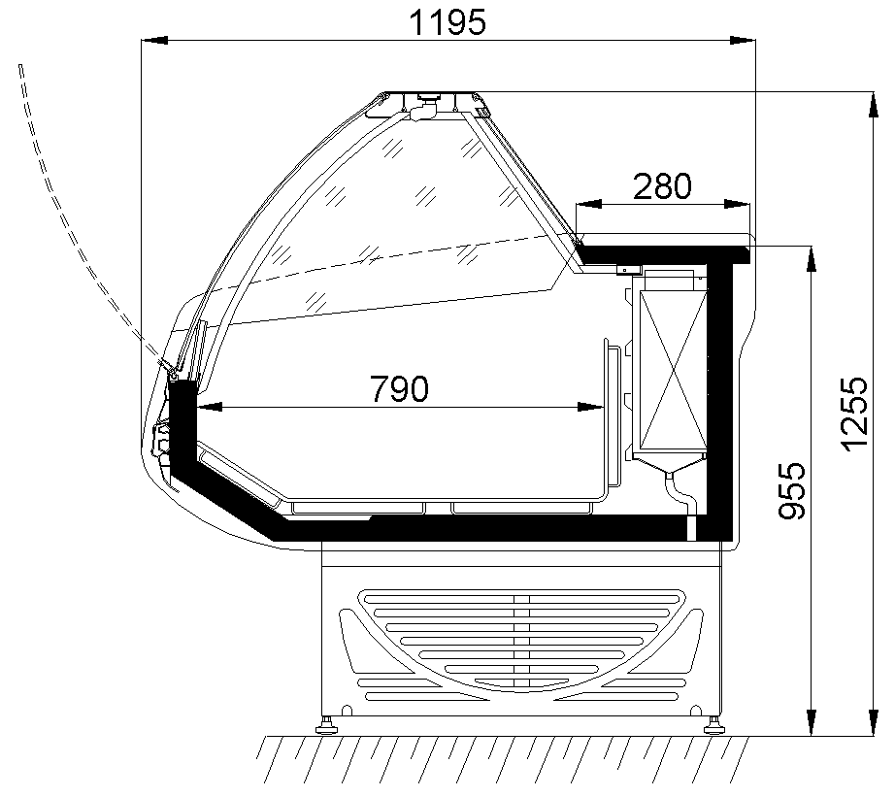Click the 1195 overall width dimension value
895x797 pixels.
pyautogui.click(x=447, y=20)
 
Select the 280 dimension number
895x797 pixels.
pyautogui.click(x=662, y=185)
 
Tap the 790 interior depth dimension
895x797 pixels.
pyautogui.click(x=398, y=388)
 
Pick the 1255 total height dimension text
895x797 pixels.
pyautogui.click(x=854, y=413)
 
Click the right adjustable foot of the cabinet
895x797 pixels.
pyautogui.click(x=714, y=723)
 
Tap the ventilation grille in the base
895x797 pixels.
pyautogui.click(x=521, y=641)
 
